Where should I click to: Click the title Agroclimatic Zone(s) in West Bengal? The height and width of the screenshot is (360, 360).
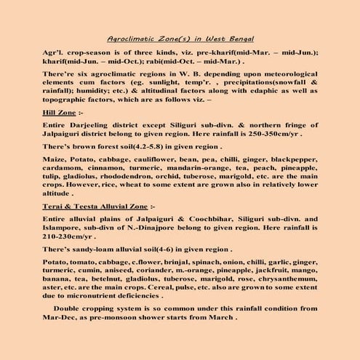click(180, 38)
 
